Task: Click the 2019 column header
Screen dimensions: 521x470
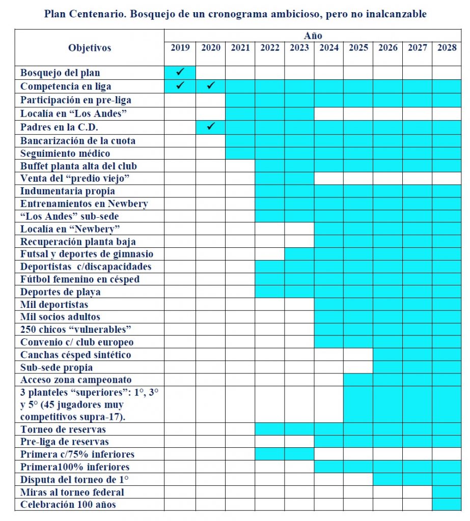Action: (x=180, y=48)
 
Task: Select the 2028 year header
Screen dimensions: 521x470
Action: (x=447, y=48)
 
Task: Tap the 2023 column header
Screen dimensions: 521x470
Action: (x=299, y=48)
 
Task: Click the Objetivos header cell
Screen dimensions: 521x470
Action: (x=89, y=48)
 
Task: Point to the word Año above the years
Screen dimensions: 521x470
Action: (x=313, y=36)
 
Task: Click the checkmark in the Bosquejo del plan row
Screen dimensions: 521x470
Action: (x=180, y=72)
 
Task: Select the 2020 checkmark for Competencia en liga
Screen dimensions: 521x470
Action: (x=211, y=85)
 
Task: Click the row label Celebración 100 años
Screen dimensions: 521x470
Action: (x=68, y=505)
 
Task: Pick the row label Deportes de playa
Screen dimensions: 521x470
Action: (x=61, y=292)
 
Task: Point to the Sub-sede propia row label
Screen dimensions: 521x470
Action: (x=57, y=367)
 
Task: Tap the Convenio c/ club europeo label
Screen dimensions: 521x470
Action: (x=77, y=342)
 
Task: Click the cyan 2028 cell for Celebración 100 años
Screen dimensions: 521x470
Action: (x=447, y=505)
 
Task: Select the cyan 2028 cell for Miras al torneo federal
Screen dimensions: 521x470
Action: (x=447, y=492)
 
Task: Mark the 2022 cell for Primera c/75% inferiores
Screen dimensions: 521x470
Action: (x=269, y=454)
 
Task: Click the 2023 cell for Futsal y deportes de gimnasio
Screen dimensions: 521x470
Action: (x=299, y=254)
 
